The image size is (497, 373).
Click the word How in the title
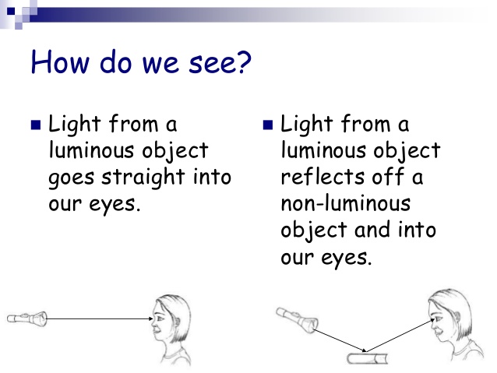[x=60, y=62]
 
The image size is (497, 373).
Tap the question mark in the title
[x=244, y=62]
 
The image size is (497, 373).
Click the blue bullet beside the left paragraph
[x=36, y=125]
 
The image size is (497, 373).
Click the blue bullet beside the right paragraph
[x=268, y=125]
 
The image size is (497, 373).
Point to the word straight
[x=143, y=178]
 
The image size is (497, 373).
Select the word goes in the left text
[x=72, y=180]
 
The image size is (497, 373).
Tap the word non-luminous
[x=346, y=203]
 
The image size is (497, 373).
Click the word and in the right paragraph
[x=372, y=230]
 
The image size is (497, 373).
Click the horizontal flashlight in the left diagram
[x=27, y=318]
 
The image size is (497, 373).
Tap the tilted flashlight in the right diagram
[x=297, y=320]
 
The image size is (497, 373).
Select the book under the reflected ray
[x=368, y=358]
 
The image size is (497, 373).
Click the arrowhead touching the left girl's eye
[x=151, y=318]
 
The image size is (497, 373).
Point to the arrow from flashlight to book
[x=339, y=340]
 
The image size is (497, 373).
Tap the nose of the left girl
[x=153, y=324]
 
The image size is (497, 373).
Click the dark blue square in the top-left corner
[x=11, y=11]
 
